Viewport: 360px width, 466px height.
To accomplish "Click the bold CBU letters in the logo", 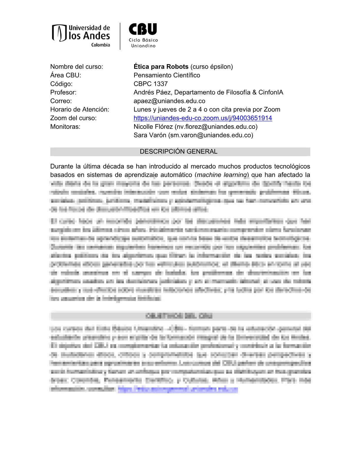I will (x=143, y=29).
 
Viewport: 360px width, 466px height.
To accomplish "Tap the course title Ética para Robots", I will (x=161, y=67).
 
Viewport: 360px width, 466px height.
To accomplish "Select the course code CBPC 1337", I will (x=151, y=84).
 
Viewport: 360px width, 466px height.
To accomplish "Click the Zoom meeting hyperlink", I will (x=203, y=118).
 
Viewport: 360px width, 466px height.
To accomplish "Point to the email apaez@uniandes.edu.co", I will (x=169, y=101).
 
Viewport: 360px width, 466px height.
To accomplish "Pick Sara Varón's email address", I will (x=210, y=135).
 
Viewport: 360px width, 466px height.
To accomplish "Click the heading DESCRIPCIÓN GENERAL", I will (x=179, y=152).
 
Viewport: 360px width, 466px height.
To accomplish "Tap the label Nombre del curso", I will (x=76, y=67).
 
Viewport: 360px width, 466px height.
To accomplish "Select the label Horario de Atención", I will (x=79, y=109).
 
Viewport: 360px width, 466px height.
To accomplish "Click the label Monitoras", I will (x=65, y=127).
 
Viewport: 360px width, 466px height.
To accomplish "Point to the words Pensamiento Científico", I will (x=167, y=75).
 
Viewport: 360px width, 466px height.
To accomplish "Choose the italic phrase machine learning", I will (x=222, y=175).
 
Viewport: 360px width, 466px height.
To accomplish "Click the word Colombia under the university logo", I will (x=101, y=45).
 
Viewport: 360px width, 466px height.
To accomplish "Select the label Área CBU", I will (x=66, y=75).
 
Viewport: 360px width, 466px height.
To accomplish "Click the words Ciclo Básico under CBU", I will (x=143, y=40).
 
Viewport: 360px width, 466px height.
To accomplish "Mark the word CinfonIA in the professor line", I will (x=271, y=92).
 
